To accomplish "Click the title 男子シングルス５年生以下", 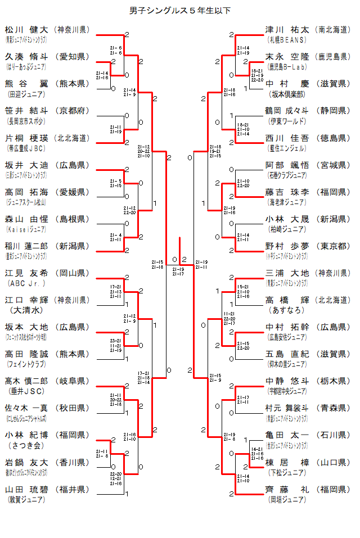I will [x=180, y=11].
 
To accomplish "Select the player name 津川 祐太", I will [x=287, y=29].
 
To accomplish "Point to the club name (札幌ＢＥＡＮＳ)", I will [x=287, y=40].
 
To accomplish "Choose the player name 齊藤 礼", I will [x=287, y=489].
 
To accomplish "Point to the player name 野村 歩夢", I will [x=287, y=246].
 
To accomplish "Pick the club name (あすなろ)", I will [x=287, y=310].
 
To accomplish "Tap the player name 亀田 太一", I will [x=287, y=435].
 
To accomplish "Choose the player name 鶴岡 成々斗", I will [x=287, y=110].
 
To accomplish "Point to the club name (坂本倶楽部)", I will [x=287, y=94].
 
